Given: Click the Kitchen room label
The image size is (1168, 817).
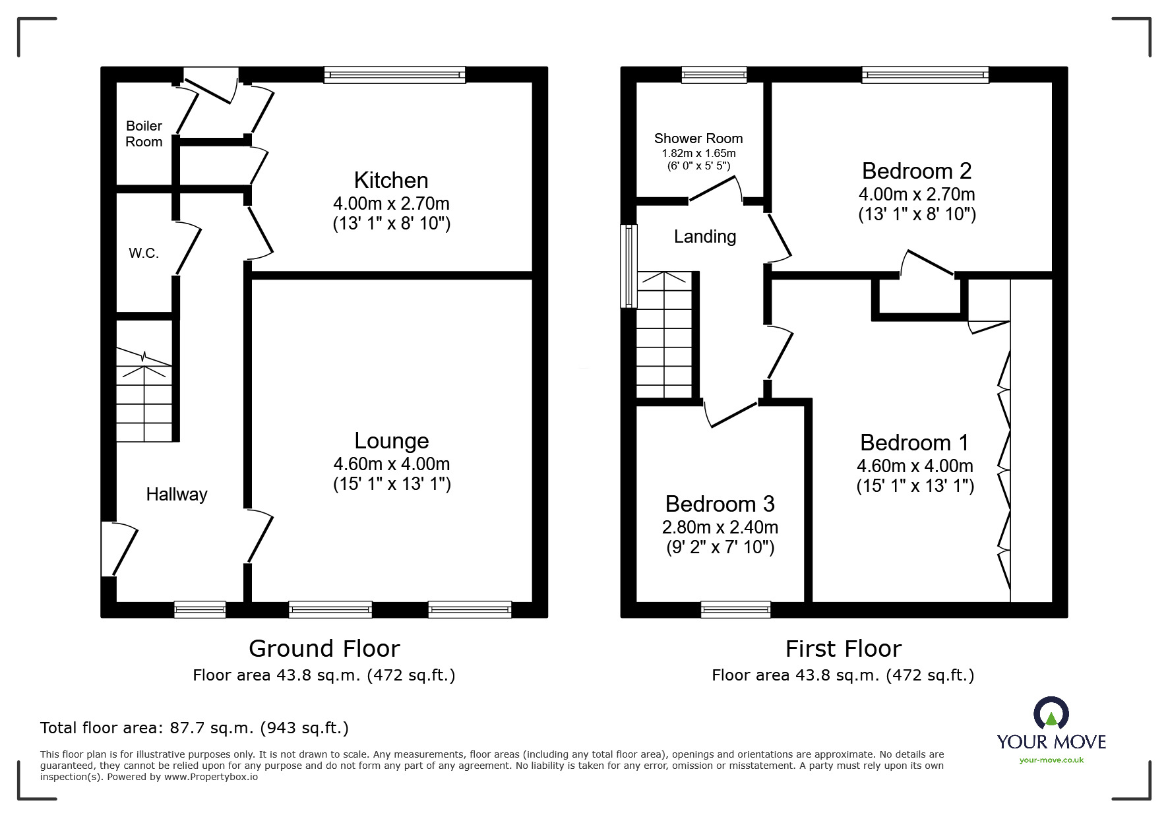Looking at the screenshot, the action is click(x=391, y=180).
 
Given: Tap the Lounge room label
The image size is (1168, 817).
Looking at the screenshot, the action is click(x=392, y=440).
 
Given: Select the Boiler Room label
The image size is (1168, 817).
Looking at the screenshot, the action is click(x=144, y=134).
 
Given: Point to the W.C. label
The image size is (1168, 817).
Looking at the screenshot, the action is click(x=144, y=253).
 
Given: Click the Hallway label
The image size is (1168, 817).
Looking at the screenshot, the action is click(x=177, y=494).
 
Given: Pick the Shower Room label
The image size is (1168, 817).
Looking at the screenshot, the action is click(x=698, y=138).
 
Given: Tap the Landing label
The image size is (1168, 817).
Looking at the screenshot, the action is click(x=705, y=236).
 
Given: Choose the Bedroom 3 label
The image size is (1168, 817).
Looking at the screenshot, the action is click(x=720, y=504).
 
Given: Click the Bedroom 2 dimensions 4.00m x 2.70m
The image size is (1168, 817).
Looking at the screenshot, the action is click(x=917, y=194).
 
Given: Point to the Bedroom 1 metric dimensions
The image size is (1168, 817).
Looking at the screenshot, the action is click(x=915, y=466).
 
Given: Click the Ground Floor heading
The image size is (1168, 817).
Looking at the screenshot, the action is click(x=324, y=649).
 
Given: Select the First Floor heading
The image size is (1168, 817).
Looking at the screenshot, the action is click(x=844, y=649).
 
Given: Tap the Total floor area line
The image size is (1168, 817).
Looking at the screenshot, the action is click(x=195, y=728).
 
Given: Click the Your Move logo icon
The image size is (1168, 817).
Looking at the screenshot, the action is click(x=1051, y=713).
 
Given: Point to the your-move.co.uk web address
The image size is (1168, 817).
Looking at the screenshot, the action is click(x=1051, y=760).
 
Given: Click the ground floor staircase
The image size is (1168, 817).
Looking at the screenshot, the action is click(x=144, y=395).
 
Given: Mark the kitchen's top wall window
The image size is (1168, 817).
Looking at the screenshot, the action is click(x=395, y=75).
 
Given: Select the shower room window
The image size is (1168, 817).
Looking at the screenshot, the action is click(x=714, y=75).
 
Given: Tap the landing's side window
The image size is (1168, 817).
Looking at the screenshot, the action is click(x=629, y=266).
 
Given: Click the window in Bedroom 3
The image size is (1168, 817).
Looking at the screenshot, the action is click(x=736, y=609).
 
